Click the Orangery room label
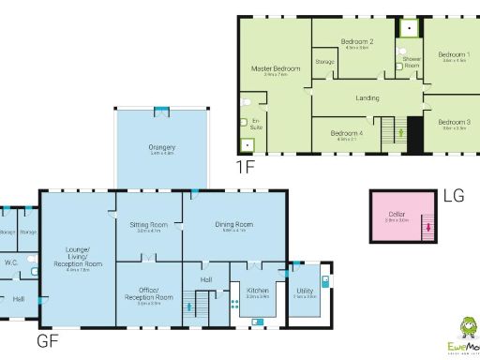(x=162, y=146)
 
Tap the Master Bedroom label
(x=275, y=69)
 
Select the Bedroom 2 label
(x=357, y=42)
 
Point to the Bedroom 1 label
(x=455, y=54)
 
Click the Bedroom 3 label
(x=455, y=122)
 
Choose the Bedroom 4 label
(x=346, y=134)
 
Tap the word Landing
(x=367, y=97)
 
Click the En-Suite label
(x=256, y=123)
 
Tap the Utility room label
(x=305, y=292)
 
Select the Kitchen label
(x=258, y=292)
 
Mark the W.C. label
(x=12, y=262)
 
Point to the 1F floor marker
(x=246, y=168)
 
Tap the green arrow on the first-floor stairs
(x=401, y=133)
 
